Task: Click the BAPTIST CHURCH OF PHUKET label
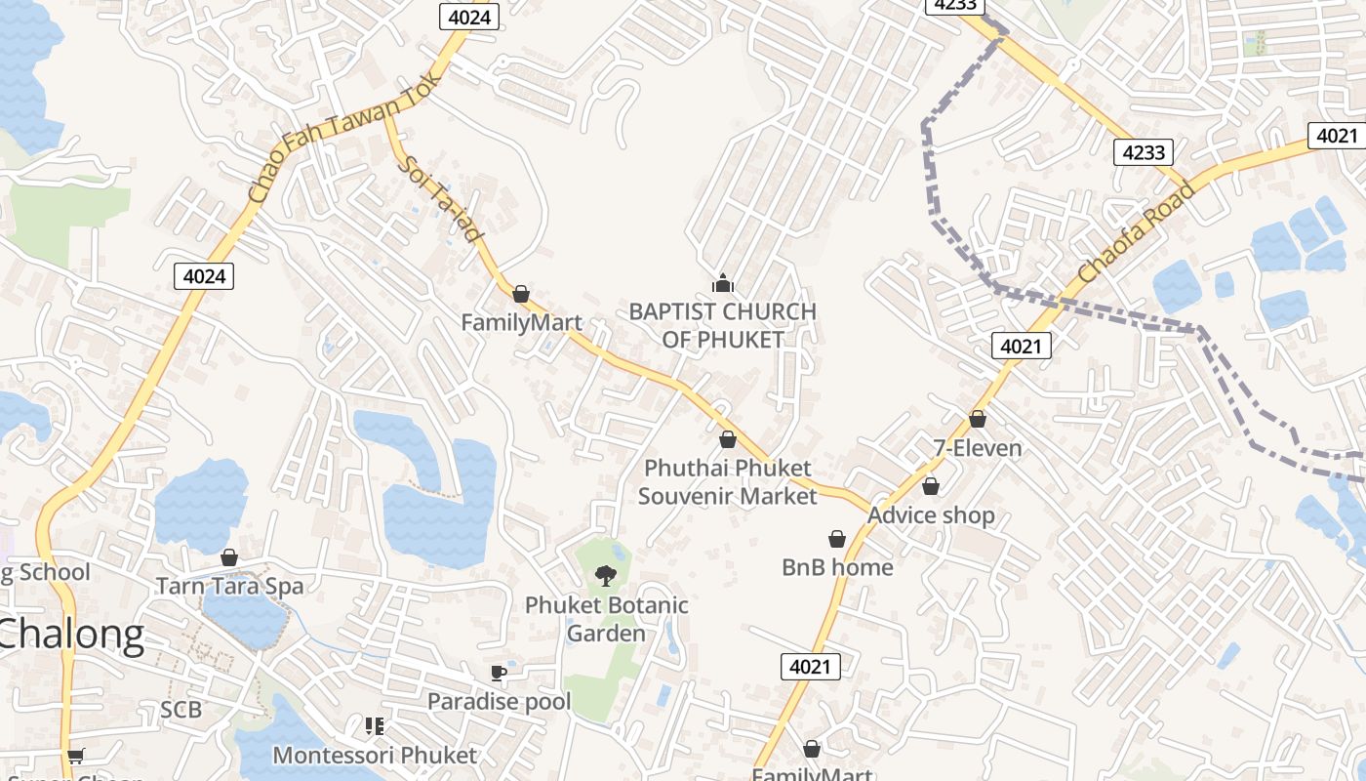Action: [722, 325]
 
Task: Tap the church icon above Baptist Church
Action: [722, 283]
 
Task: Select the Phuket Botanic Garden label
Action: [606, 619]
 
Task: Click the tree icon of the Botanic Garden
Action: [606, 575]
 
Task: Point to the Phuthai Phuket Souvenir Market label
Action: [727, 481]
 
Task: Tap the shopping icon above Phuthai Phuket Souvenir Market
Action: [728, 439]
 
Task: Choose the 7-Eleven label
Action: [978, 448]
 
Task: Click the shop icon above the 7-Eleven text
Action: [978, 419]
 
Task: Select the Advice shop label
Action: [931, 514]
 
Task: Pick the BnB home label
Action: [837, 567]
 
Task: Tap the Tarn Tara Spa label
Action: [230, 586]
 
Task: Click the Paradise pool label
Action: [499, 701]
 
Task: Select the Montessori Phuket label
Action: [375, 755]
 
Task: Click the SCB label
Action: [181, 710]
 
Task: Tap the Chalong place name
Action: [70, 635]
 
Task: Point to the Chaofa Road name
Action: [1137, 232]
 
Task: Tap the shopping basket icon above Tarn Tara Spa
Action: [229, 557]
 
